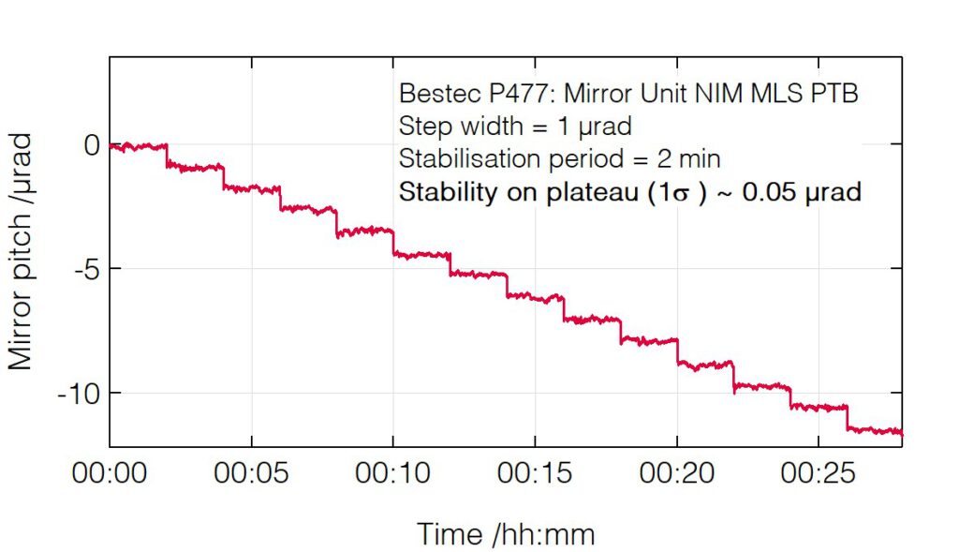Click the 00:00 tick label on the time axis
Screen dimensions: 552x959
pos(110,474)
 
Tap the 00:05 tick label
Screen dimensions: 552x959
pos(251,474)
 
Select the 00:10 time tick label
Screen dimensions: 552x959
pos(392,474)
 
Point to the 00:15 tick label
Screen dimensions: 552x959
pos(535,474)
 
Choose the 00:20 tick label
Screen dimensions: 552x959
pos(676,474)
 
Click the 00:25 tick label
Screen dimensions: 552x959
pos(818,474)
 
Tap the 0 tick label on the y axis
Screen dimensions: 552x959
pos(91,145)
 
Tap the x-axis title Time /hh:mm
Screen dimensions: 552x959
pos(506,535)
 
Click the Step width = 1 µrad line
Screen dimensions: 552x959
pos(515,127)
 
